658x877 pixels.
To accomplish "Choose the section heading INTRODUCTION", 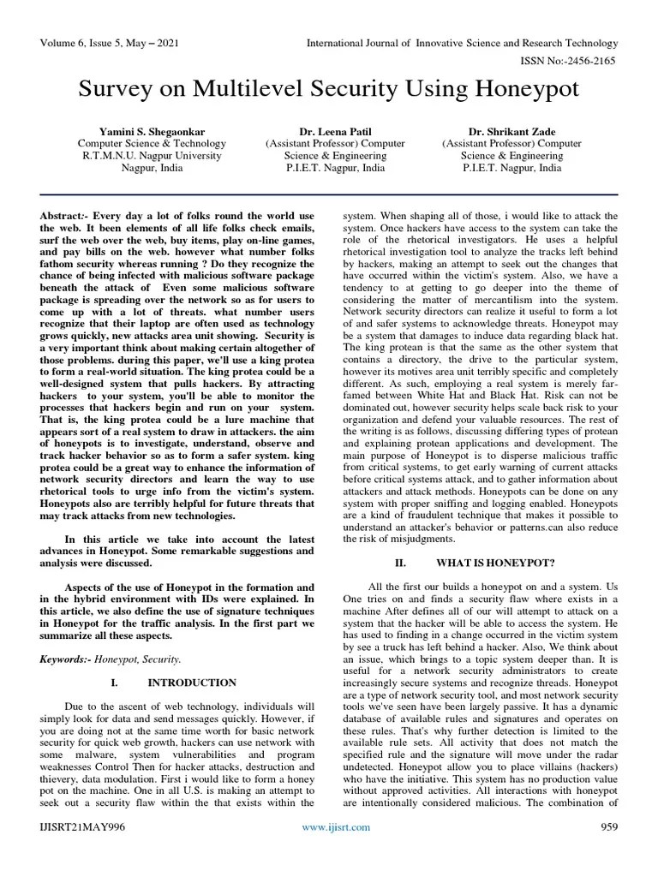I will coord(192,683).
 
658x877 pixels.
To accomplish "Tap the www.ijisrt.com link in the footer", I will coord(336,850).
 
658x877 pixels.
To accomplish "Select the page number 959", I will coord(608,850).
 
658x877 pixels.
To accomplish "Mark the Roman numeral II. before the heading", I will coord(399,563).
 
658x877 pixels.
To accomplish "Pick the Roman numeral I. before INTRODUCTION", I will coord(113,683).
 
